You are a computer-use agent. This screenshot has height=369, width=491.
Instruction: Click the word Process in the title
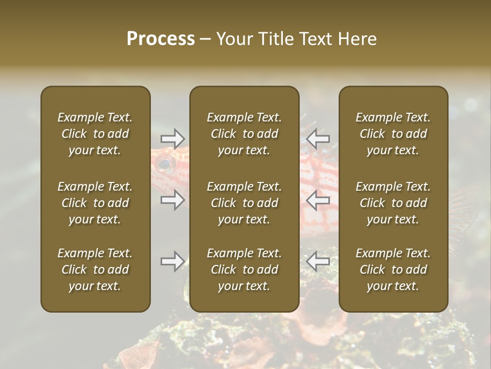pos(161,39)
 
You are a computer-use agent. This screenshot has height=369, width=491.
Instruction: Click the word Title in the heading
pos(278,39)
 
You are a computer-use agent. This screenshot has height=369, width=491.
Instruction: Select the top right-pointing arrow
pos(172,138)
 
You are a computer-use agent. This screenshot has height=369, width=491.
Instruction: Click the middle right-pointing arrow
pos(172,200)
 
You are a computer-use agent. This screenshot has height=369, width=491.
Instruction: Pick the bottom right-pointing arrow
pos(172,261)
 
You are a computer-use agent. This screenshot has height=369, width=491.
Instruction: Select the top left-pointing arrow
pos(318,138)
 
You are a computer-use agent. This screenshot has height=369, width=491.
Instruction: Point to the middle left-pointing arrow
pos(318,200)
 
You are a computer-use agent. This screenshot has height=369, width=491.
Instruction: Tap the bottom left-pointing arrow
pos(318,261)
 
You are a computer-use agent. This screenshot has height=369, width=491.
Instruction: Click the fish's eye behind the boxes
pos(164,165)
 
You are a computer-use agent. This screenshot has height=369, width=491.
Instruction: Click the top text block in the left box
pos(95,134)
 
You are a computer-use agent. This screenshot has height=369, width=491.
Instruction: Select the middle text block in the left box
pos(95,203)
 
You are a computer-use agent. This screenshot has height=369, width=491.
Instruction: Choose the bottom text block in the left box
pos(95,270)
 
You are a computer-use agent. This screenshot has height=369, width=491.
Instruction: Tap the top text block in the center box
pos(244,134)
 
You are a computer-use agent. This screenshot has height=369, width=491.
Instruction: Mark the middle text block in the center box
pos(244,203)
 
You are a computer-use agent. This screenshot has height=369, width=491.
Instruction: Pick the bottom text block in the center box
pos(244,270)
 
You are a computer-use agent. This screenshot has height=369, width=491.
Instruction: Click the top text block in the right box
pos(393,134)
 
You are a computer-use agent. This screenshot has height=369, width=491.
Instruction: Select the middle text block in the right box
pos(393,203)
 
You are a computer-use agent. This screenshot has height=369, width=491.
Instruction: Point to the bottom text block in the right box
pos(393,270)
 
